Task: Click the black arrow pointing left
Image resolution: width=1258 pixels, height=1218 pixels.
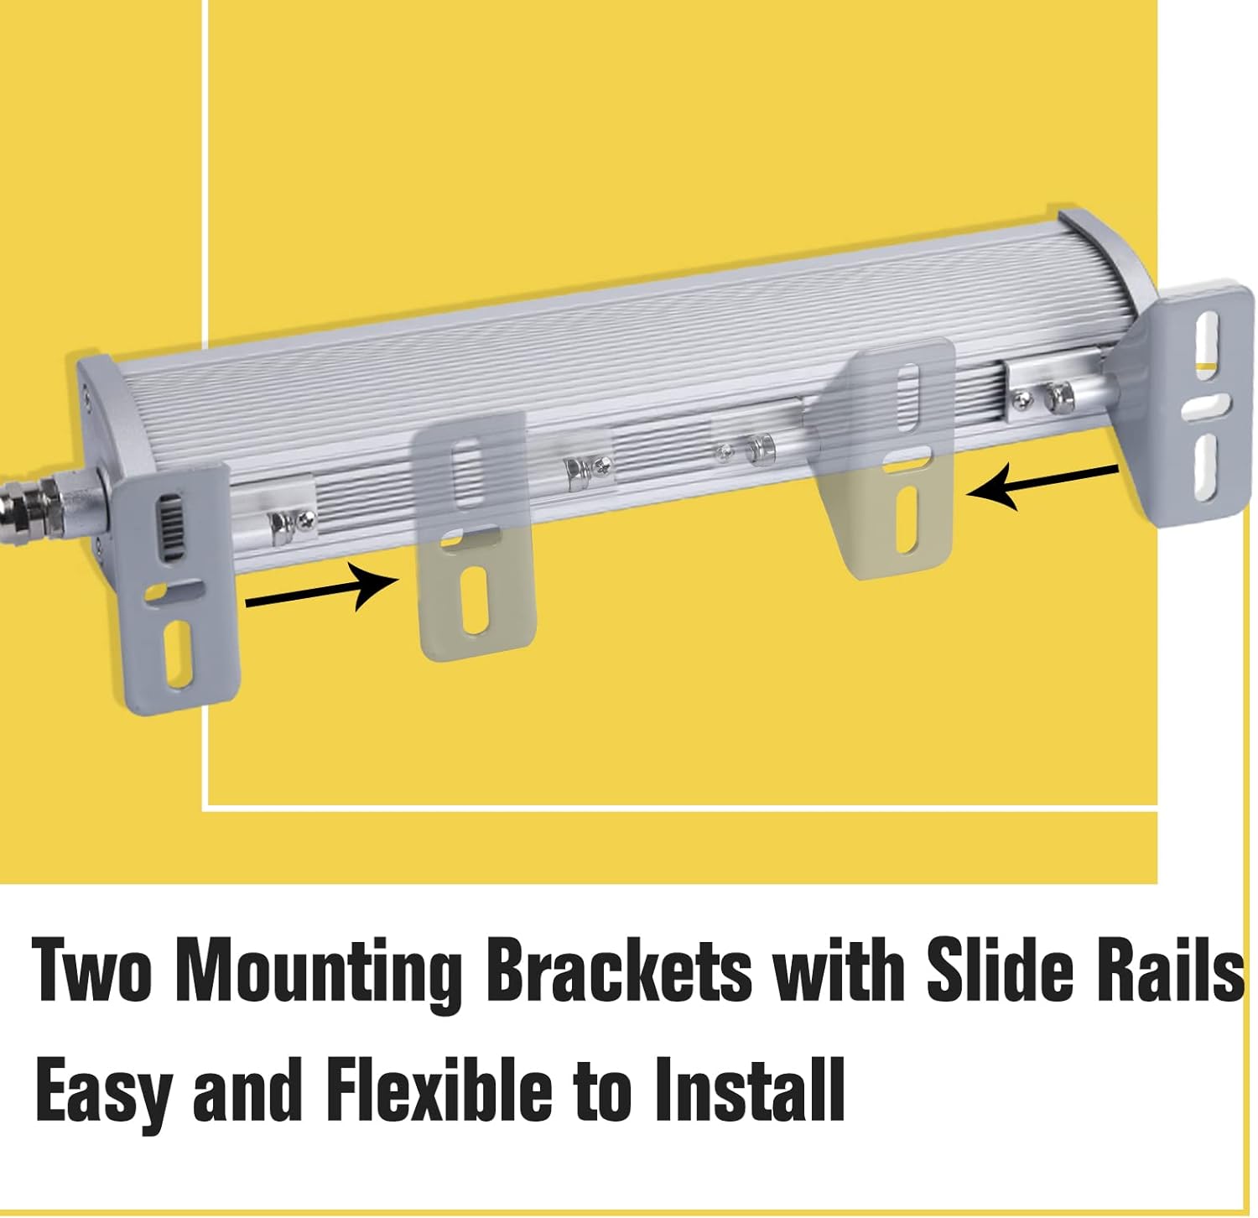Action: point(1042,487)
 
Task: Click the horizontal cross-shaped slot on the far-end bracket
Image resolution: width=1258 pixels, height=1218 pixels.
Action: point(1207,406)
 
